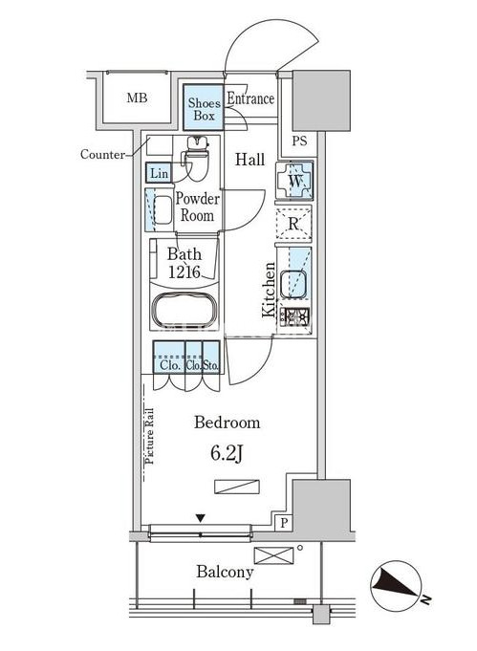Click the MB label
point(137,98)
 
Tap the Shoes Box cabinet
point(204,107)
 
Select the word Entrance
point(250,98)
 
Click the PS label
point(299,141)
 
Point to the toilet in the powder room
point(196,158)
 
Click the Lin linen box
point(159,173)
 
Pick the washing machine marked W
point(294,181)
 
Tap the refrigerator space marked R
point(293,225)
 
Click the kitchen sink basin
point(293,285)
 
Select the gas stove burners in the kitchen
point(294,318)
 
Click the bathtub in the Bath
point(184,311)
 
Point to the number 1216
point(184,272)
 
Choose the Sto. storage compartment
point(211,358)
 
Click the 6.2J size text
point(227,454)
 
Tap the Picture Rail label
point(149,436)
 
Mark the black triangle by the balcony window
point(201,518)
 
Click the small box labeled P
point(284,522)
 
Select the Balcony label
point(225,572)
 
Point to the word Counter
point(102,155)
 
